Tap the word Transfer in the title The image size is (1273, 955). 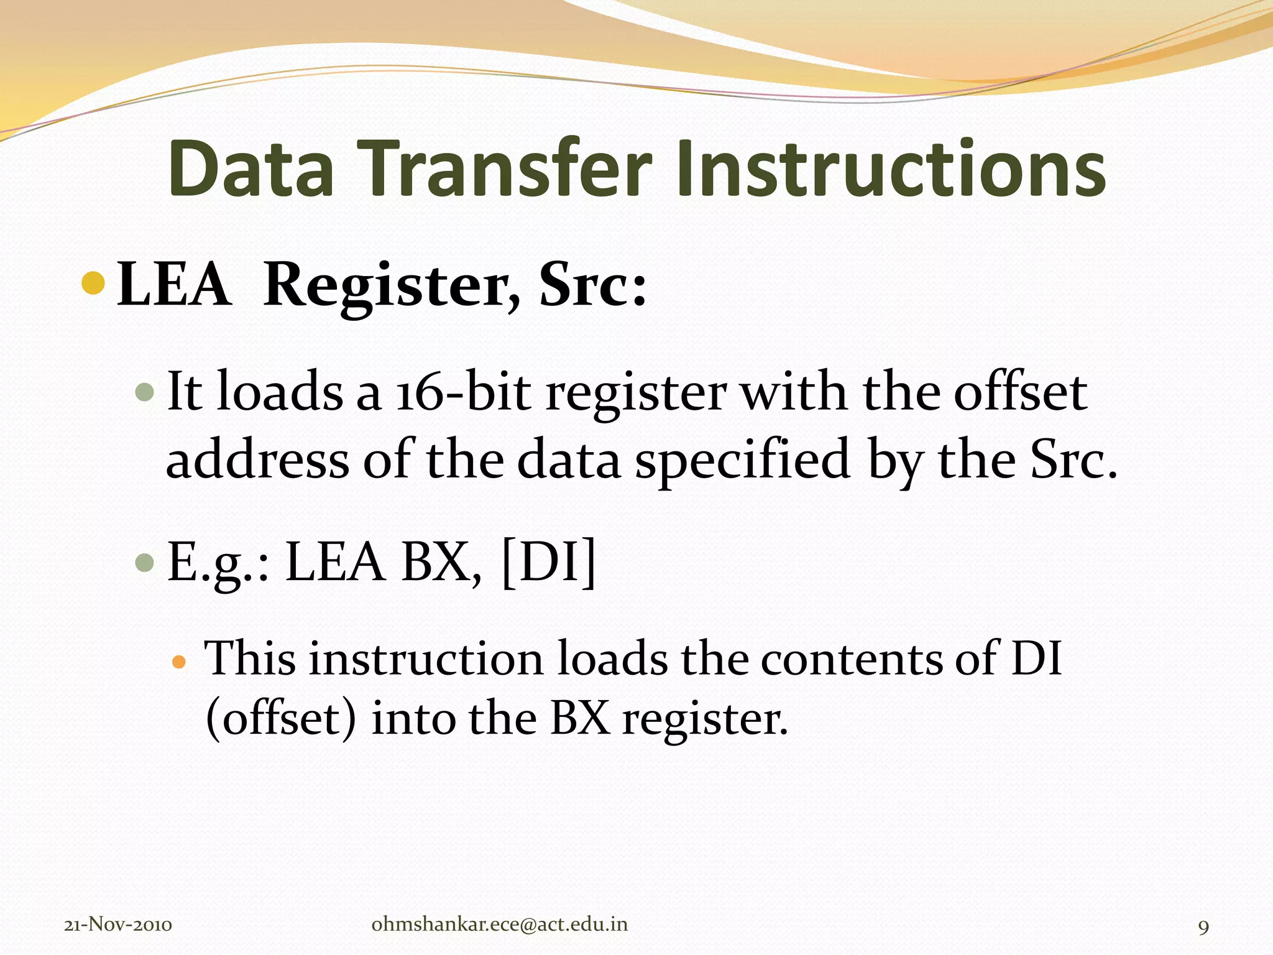click(504, 169)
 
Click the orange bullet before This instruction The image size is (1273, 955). click(178, 662)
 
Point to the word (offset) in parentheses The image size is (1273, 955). click(282, 719)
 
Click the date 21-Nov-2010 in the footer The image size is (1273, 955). click(118, 925)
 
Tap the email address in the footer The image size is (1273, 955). click(499, 924)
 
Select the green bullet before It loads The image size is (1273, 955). click(144, 392)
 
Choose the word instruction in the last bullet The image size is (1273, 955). click(426, 659)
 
